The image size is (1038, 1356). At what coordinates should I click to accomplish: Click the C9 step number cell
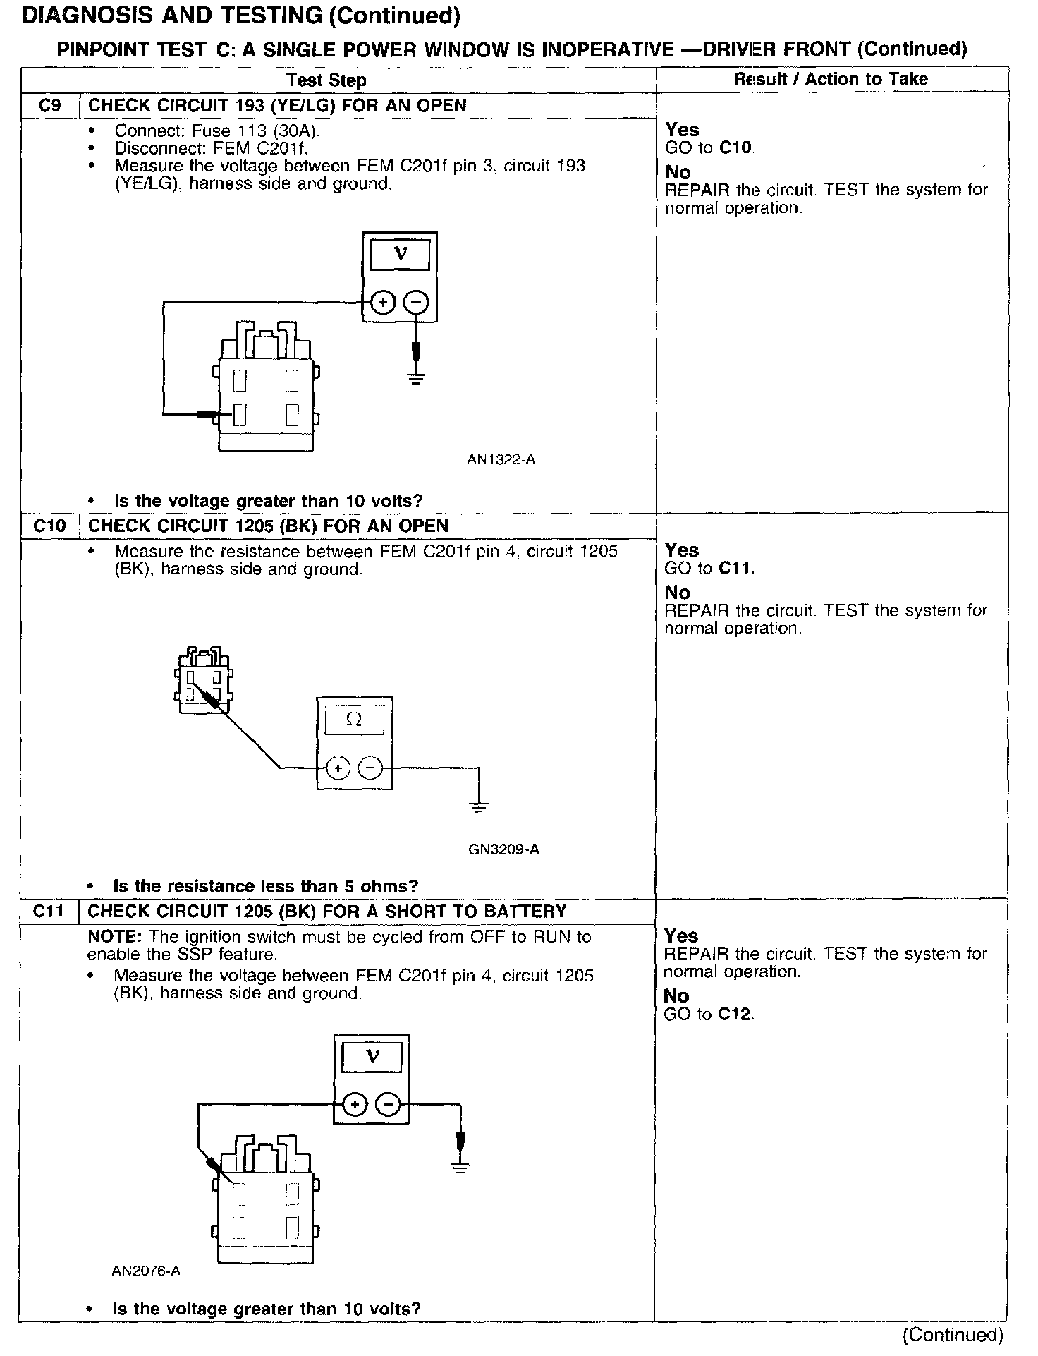(49, 106)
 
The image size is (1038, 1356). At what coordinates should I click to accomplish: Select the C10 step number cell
(49, 526)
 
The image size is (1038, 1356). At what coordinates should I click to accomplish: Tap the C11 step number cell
(49, 912)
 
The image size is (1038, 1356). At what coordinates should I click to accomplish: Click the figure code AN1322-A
(501, 460)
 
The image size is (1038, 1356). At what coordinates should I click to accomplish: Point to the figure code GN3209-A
(503, 849)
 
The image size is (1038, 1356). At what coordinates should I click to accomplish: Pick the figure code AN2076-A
(146, 1271)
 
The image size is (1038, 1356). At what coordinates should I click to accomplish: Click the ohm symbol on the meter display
(355, 720)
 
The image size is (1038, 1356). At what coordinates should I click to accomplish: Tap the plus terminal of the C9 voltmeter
(383, 303)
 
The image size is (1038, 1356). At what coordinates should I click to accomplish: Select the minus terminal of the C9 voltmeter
(417, 303)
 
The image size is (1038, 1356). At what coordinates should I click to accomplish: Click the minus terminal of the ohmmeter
(371, 768)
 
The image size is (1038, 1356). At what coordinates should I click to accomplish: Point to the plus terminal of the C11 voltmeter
(355, 1104)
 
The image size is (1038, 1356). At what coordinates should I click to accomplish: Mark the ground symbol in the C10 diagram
(479, 806)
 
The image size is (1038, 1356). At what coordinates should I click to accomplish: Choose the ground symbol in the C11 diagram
(460, 1167)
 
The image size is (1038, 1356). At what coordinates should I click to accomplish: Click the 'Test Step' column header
(326, 80)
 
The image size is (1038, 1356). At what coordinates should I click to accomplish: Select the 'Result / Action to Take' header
(831, 79)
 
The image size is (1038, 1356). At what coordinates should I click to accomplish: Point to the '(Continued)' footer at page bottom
(952, 1335)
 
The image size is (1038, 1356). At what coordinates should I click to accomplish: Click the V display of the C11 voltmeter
(372, 1058)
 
